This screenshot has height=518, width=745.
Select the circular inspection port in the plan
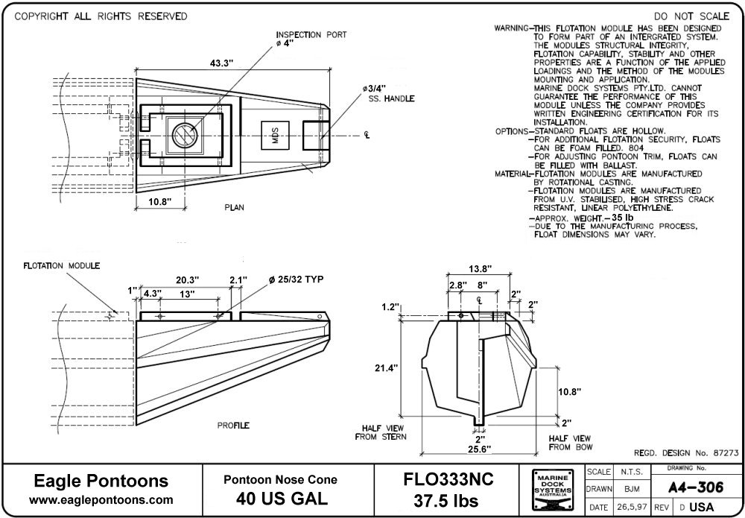coord(183,135)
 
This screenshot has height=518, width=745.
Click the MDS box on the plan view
coord(276,136)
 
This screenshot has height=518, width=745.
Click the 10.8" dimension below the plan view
coord(160,201)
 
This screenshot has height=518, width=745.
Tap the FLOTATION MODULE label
coord(62,265)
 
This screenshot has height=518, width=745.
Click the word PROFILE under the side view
coord(233,426)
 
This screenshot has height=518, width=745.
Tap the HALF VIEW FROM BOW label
coord(570,442)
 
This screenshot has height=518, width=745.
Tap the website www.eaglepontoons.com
coord(103,499)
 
